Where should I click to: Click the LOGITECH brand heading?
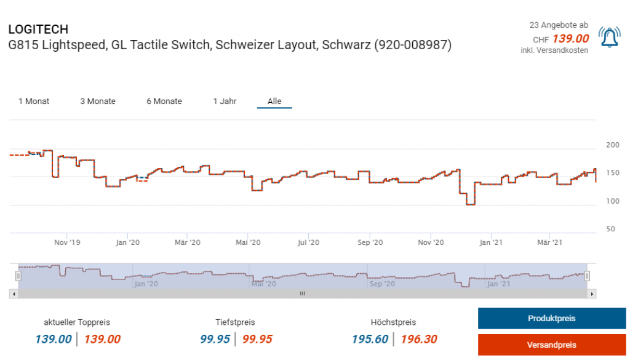click(38, 29)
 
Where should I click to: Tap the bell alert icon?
click(609, 38)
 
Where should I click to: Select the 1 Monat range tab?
click(34, 101)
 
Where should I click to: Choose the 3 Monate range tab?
click(98, 101)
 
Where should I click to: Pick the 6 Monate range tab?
click(164, 101)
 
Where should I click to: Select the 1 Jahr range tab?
click(225, 101)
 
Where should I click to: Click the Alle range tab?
click(274, 101)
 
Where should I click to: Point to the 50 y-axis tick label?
click(610, 229)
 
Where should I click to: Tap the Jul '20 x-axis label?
click(309, 242)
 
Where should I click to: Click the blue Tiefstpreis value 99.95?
click(215, 339)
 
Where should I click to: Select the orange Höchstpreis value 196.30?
click(419, 339)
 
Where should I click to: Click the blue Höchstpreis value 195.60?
click(370, 339)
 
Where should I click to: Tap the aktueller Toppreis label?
click(77, 322)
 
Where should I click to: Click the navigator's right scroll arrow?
click(592, 294)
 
